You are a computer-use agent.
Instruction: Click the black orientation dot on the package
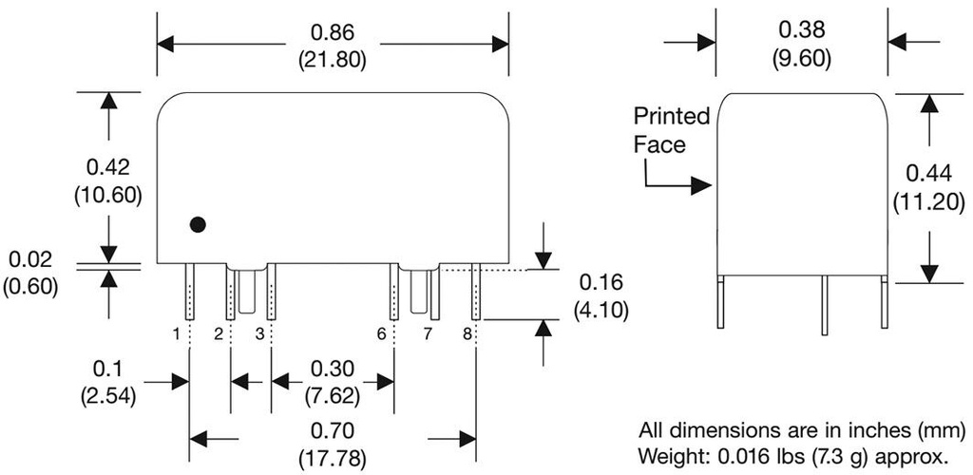[x=198, y=225]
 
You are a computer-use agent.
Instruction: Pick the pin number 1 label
[x=177, y=333]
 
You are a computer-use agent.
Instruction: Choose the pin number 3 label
[x=258, y=333]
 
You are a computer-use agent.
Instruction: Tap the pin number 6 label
[x=381, y=333]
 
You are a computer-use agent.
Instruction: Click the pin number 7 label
[x=427, y=333]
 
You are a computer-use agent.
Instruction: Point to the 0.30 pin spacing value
[x=333, y=369]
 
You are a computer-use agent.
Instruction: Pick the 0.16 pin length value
[x=601, y=284]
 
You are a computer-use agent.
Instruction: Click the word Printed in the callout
[x=672, y=117]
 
